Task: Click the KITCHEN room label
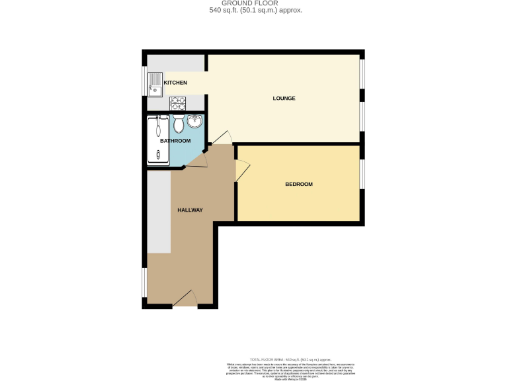(175, 83)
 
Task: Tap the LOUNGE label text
(284, 99)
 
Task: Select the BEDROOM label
(298, 184)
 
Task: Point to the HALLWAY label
(190, 210)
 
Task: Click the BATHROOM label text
(175, 141)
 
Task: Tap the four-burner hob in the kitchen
(178, 103)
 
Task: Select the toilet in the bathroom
(178, 124)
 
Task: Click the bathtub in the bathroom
(157, 140)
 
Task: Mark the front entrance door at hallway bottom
(185, 300)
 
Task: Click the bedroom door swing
(242, 171)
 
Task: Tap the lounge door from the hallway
(222, 138)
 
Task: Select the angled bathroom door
(198, 159)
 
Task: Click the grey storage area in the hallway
(159, 212)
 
